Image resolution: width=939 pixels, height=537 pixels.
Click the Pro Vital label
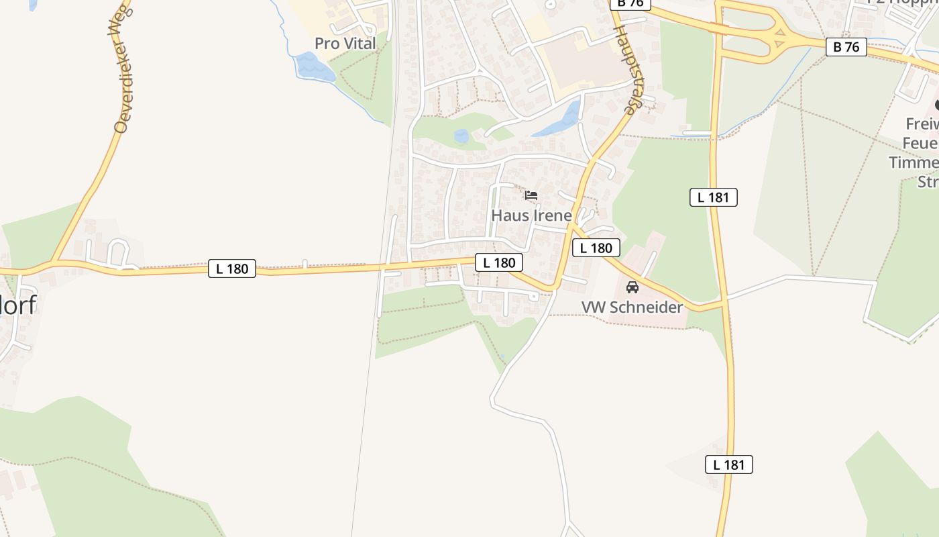345,44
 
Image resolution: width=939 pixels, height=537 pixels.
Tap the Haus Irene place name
531,215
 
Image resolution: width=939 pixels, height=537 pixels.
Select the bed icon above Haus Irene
531,196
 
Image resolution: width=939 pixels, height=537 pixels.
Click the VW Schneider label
632,307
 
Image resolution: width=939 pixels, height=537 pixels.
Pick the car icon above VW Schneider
632,287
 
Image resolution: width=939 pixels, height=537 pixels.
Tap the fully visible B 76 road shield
846,47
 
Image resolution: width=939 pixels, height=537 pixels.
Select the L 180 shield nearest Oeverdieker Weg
232,269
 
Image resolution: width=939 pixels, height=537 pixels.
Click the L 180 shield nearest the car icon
596,248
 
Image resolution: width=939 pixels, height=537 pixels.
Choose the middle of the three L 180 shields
499,262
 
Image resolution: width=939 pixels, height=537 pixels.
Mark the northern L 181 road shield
714,197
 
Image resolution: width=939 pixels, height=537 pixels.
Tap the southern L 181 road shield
729,465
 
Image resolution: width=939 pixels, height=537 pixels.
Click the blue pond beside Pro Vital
314,67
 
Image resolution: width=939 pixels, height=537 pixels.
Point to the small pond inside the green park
461,136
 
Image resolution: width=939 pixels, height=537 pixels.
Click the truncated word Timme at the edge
914,162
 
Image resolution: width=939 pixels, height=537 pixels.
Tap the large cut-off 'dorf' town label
17,305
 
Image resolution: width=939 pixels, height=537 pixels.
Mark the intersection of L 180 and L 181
723,305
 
